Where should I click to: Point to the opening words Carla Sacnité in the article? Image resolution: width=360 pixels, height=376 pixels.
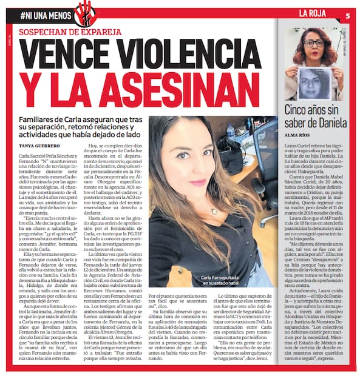(x=33, y=155)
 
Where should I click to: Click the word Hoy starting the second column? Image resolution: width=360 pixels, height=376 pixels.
(x=94, y=155)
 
